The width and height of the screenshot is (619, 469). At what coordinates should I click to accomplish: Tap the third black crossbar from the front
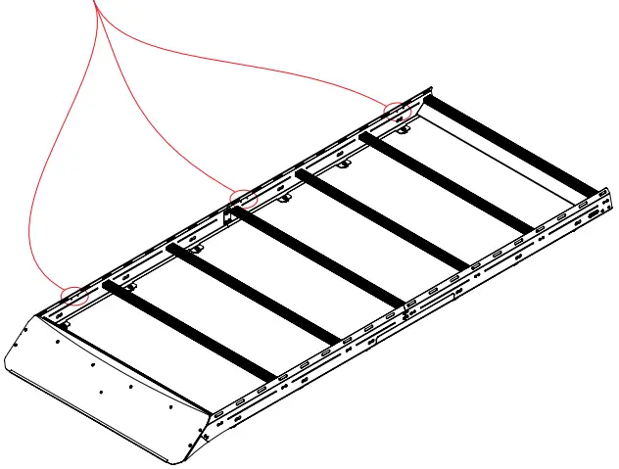pos(319,257)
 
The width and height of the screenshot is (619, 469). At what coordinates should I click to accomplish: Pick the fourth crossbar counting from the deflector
pos(383,221)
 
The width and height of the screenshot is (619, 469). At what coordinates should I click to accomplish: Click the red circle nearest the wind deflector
pos(74,294)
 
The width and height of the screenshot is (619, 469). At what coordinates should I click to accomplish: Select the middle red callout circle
pos(242,199)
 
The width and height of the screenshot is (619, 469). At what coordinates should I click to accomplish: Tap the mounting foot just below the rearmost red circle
pos(404,127)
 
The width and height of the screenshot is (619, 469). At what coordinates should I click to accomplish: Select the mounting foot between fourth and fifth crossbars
pos(344,164)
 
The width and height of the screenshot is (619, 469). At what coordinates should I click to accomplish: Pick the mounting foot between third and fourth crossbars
pos(285,200)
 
